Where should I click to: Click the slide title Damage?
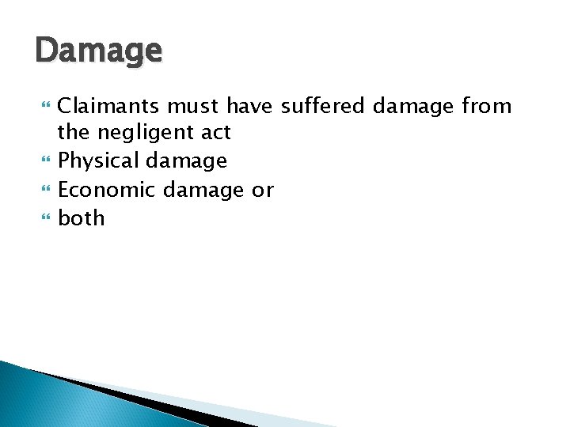pyautogui.click(x=99, y=52)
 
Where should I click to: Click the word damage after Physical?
pyautogui.click(x=186, y=161)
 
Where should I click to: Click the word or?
pyautogui.click(x=264, y=190)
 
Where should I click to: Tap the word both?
pyautogui.click(x=82, y=218)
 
